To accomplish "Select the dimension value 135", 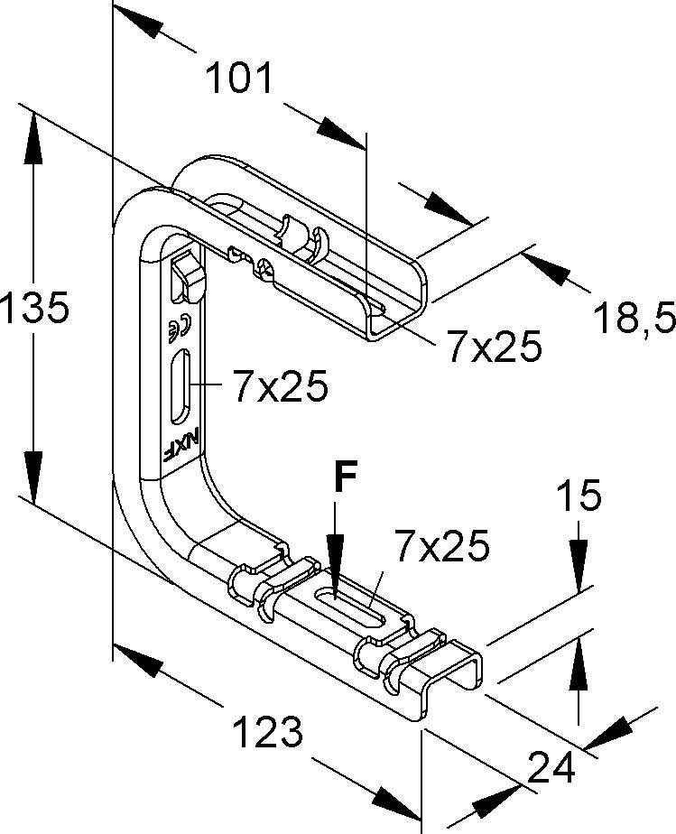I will [34, 310].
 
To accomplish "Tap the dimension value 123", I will [266, 730].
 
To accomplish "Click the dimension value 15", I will [579, 497].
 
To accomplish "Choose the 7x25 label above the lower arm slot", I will [440, 545].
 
